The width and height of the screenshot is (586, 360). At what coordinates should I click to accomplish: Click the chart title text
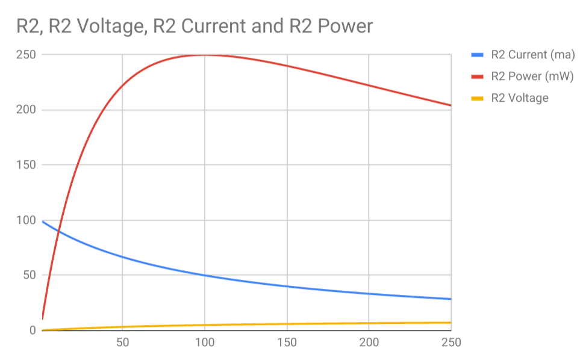pos(195,26)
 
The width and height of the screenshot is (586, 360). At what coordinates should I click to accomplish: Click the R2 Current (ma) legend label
pos(532,55)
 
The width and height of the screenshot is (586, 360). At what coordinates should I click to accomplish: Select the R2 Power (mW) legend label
pos(532,76)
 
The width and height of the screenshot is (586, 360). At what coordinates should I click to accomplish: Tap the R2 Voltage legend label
pos(520,98)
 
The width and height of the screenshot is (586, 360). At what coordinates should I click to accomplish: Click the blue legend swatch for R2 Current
pos(477,55)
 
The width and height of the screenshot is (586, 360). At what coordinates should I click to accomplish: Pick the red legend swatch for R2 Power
pos(477,76)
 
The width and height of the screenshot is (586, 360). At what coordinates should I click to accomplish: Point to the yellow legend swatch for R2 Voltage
pos(477,98)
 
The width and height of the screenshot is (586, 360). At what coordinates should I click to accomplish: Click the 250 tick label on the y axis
pos(26,55)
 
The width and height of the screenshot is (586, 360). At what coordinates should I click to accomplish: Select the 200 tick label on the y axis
pos(26,110)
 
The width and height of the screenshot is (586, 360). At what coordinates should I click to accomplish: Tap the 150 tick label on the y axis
pos(26,165)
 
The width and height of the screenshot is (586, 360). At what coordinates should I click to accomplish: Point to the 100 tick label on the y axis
pos(26,220)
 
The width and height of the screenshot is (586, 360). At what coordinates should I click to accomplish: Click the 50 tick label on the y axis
pos(29,275)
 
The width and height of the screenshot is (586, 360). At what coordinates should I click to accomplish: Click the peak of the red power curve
pos(205,55)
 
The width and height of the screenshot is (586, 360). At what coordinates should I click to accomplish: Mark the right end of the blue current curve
pos(450,299)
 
